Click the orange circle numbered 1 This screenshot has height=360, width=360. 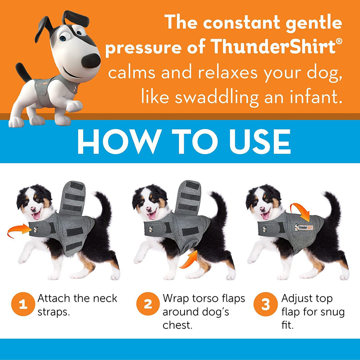(23, 304)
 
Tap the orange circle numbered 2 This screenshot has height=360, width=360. (148, 304)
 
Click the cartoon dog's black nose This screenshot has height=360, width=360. (91, 60)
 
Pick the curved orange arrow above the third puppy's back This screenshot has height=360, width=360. (301, 211)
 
